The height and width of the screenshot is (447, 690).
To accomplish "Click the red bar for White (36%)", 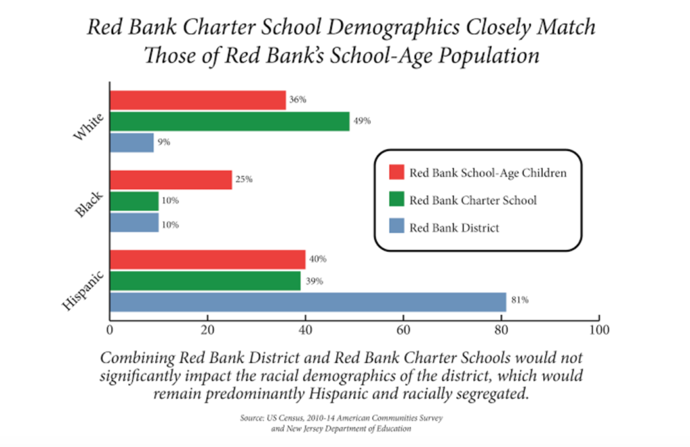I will (x=197, y=100).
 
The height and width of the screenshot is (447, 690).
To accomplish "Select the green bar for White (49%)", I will (x=229, y=121).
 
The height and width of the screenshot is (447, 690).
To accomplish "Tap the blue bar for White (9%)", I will (x=131, y=143).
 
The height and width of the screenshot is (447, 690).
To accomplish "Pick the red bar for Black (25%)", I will (x=170, y=179).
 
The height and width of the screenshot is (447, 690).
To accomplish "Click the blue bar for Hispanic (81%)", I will (x=307, y=301).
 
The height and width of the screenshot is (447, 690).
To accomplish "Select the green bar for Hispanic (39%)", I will (x=205, y=280).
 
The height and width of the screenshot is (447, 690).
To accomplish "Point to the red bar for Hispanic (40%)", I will (x=207, y=260).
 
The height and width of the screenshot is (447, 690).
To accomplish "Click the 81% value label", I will (x=520, y=301).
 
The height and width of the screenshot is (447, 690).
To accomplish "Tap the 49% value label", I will (x=363, y=121).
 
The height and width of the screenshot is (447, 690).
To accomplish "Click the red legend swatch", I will (x=396, y=173).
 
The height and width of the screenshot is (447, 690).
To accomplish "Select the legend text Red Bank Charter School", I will (x=473, y=200).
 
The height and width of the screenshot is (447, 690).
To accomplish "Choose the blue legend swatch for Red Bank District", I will (x=396, y=228).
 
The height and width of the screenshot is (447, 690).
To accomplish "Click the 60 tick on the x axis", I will (x=403, y=330).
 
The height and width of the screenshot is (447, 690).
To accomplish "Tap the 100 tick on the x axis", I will (x=598, y=330).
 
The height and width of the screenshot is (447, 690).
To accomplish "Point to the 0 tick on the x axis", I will (x=109, y=330).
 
